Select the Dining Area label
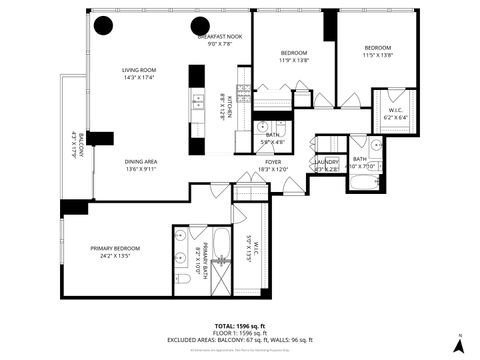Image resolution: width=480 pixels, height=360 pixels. tap(141, 165)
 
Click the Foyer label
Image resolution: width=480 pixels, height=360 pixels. tap(273, 165)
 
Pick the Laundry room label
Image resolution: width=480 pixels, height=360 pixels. tap(327, 165)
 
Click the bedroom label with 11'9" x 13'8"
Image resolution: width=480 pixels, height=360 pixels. tap(294, 56)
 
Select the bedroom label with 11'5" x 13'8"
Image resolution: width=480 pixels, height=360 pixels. tap(377, 52)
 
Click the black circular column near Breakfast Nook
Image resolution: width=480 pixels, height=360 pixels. tap(200, 26)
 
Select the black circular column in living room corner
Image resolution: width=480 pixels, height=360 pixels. tap(104, 27)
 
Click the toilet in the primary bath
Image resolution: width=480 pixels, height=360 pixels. tap(183, 279)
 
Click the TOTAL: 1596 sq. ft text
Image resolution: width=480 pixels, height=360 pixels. tap(239, 326)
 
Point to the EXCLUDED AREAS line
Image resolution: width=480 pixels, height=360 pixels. tap(239, 341)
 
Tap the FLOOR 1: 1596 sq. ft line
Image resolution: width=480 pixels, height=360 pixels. tap(239, 334)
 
